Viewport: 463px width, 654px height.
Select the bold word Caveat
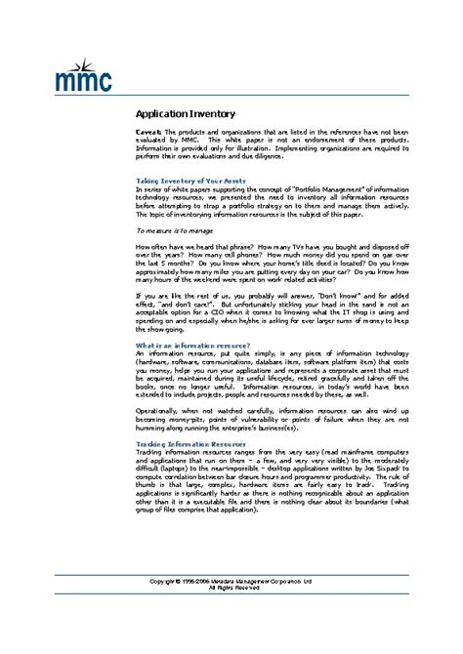pyautogui.click(x=148, y=131)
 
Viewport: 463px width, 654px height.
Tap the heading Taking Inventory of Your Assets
pyautogui.click(x=189, y=181)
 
